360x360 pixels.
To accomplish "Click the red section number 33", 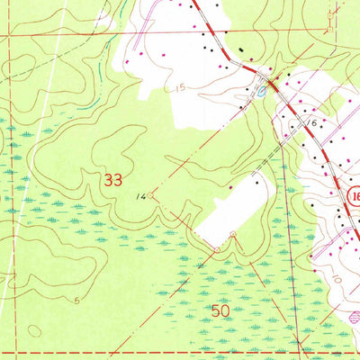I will (112, 179).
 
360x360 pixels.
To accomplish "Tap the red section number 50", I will (220, 310).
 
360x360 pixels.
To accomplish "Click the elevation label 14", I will (140, 194).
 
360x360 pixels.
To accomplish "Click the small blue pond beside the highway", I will (260, 90).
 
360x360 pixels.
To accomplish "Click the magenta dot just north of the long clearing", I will (230, 187).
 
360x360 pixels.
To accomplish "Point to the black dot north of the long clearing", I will (257, 183).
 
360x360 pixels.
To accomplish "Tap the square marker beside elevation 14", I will (151, 192).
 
